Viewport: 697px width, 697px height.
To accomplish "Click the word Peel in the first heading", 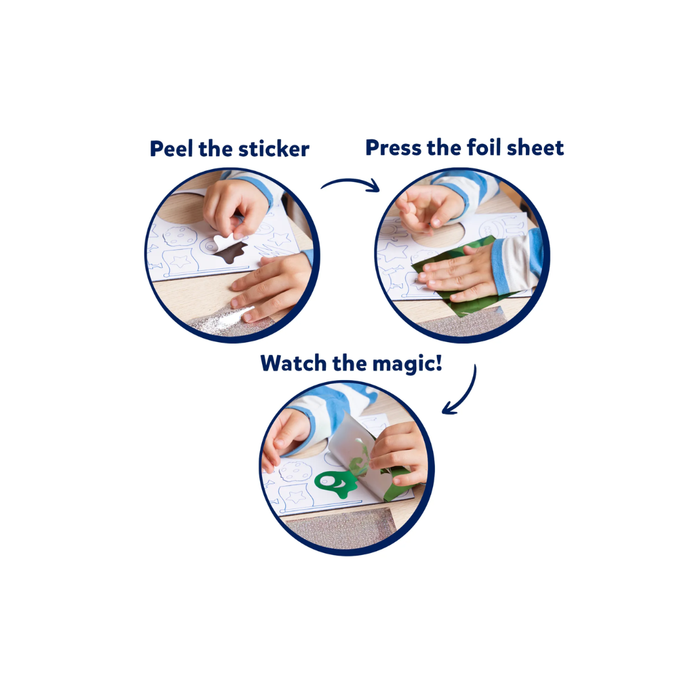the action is point(171,149).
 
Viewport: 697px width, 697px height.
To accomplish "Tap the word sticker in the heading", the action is point(274,149).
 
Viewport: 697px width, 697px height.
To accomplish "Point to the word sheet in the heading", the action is point(535,148).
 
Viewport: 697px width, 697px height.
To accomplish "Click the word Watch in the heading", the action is point(293,363).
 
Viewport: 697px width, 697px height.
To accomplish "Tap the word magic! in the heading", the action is point(407,364).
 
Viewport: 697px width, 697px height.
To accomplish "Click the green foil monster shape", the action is point(336,483).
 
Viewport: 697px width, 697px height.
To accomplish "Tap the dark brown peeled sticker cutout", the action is point(231,252).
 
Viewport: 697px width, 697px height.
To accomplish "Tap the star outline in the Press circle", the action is point(394,252).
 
